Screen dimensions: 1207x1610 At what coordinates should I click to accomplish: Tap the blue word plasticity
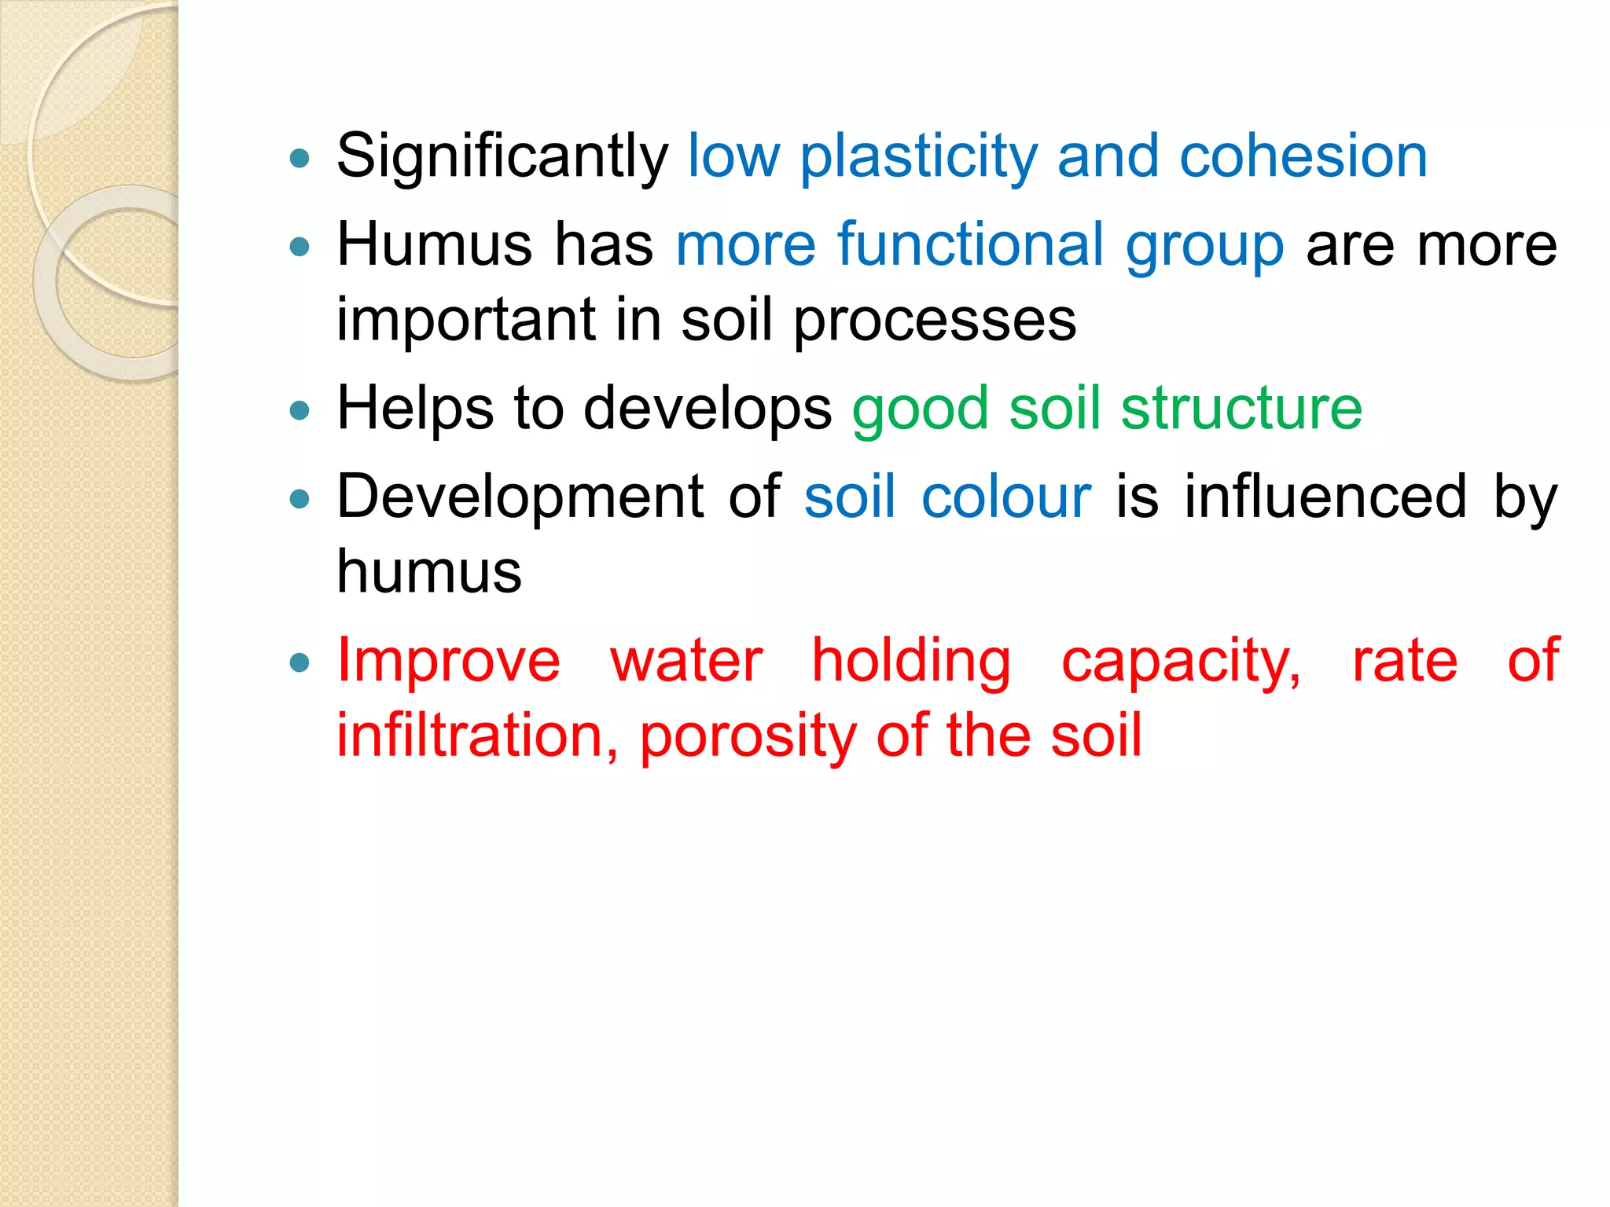click(x=918, y=157)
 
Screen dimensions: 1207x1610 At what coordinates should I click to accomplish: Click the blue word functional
click(x=971, y=244)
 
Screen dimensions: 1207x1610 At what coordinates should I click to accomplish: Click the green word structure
click(x=1241, y=409)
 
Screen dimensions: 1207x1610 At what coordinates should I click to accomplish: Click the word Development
click(x=520, y=497)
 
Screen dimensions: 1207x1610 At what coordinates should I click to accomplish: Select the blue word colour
click(x=1005, y=497)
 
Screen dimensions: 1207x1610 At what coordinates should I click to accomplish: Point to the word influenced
click(x=1325, y=497)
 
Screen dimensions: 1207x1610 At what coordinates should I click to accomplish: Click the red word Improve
click(x=448, y=661)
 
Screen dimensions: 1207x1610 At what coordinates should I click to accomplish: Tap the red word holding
click(x=910, y=662)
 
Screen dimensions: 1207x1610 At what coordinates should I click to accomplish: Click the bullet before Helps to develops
click(x=300, y=410)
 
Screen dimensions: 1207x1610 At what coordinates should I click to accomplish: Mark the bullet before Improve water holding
click(x=300, y=662)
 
